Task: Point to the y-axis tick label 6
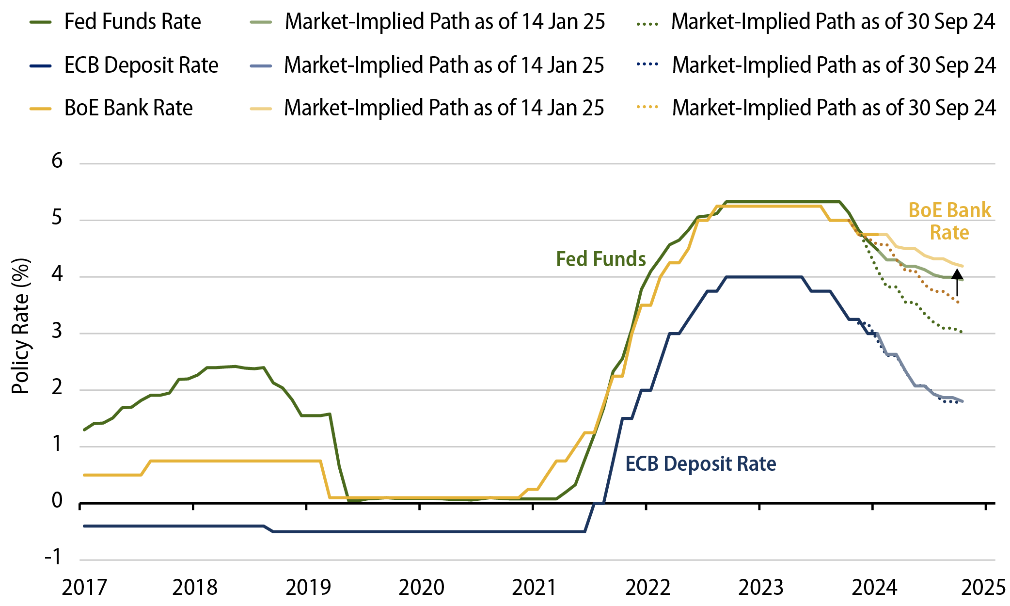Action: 57,160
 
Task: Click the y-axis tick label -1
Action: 53,557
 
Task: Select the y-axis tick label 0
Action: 57,500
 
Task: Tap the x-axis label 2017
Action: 84,588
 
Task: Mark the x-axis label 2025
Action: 984,588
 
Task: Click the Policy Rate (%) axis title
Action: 21,326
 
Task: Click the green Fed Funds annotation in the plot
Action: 600,259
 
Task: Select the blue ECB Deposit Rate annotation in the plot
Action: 700,463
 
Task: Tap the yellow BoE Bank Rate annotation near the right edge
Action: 949,221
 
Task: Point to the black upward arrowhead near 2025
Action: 957,275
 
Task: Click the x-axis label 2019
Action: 308,588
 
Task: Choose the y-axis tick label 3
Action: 57,331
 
